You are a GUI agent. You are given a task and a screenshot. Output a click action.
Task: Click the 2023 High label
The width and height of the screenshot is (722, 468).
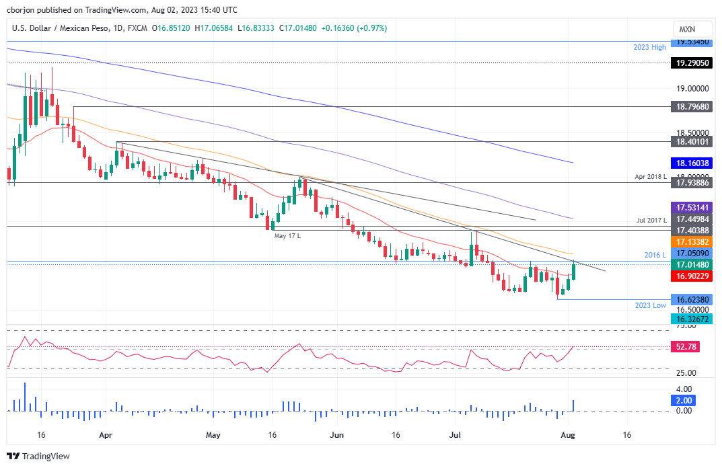[649, 47]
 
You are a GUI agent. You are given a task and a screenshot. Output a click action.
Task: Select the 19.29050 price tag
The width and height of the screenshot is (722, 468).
[692, 63]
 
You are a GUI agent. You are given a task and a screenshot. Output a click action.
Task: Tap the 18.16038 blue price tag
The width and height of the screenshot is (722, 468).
[692, 163]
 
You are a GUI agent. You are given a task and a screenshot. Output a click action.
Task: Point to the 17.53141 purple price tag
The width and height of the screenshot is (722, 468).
[692, 208]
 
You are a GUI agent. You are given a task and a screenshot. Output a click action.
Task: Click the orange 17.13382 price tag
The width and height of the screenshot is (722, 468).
[692, 241]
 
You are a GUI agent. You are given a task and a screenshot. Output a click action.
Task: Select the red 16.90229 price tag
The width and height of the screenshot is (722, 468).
[692, 276]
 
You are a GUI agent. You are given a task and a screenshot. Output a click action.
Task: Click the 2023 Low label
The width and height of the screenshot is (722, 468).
[650, 305]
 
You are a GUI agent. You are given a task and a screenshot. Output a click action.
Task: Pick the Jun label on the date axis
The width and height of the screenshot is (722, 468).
[337, 435]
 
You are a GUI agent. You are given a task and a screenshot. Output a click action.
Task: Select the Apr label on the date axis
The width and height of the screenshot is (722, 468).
[105, 435]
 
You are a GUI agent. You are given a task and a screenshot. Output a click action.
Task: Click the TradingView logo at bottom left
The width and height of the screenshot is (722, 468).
[39, 456]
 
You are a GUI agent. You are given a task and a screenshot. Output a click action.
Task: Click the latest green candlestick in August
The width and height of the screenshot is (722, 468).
[574, 271]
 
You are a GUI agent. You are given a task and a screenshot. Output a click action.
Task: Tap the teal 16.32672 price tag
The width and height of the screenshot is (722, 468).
[692, 319]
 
